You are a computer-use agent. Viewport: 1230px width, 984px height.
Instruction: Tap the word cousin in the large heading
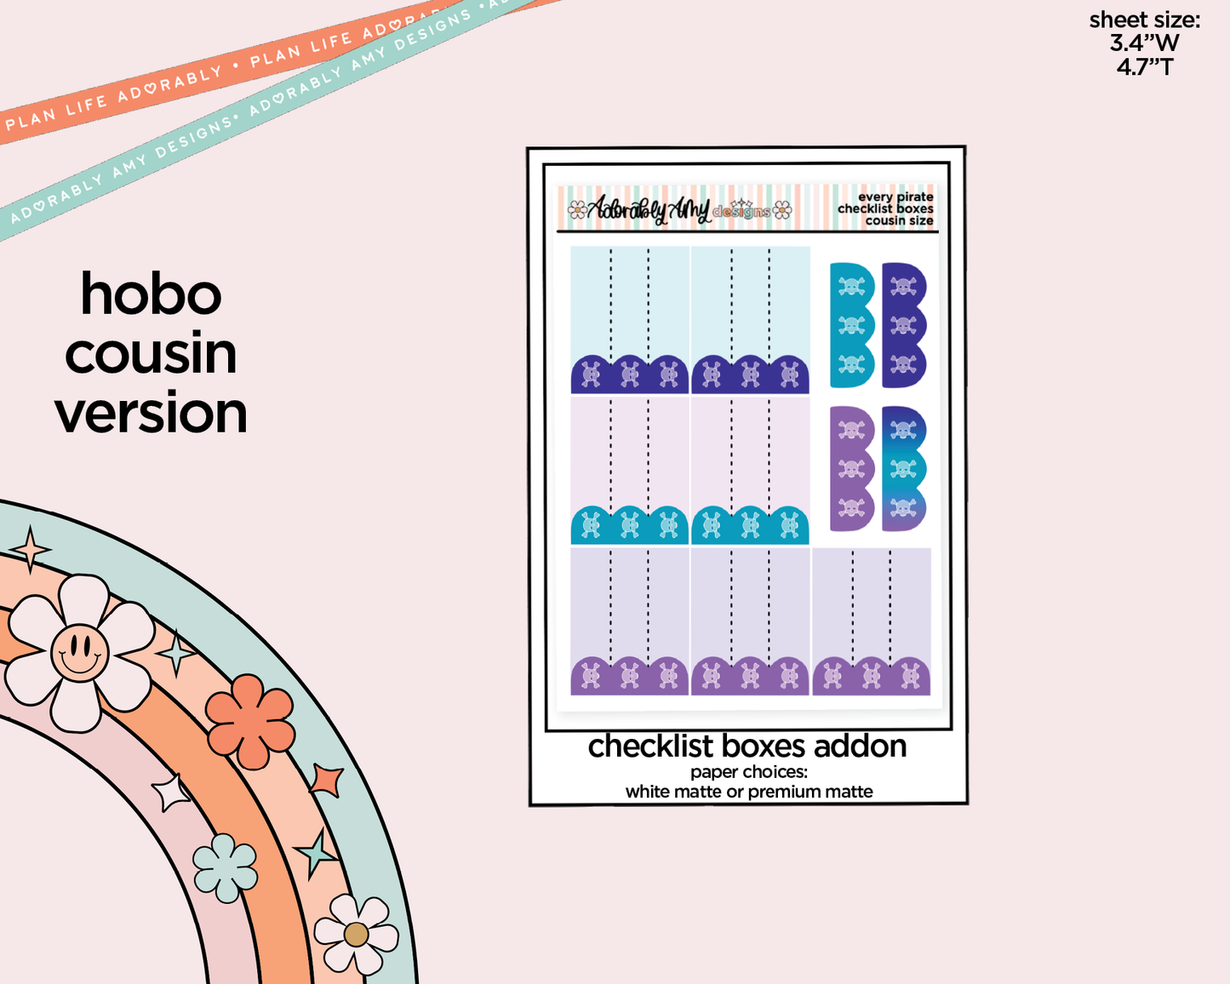coord(151,354)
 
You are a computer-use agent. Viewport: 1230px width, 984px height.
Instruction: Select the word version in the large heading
coord(151,414)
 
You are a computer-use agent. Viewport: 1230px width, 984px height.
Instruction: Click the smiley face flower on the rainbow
coord(79,653)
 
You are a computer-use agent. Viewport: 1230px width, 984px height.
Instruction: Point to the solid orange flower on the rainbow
coord(250,721)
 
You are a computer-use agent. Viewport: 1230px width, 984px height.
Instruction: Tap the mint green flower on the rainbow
coord(225,867)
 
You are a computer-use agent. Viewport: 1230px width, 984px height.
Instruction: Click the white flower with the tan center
coord(356,934)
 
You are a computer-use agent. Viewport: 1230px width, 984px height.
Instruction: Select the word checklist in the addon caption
coord(650,747)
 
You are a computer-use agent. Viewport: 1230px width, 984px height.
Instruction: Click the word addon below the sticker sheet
coord(860,747)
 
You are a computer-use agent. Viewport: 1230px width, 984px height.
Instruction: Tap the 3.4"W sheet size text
coord(1144,43)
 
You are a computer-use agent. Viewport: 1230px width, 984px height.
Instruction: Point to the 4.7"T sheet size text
coord(1144,66)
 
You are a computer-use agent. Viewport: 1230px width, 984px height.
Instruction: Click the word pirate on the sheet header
coord(915,197)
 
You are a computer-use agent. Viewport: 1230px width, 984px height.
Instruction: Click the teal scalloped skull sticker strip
coord(851,325)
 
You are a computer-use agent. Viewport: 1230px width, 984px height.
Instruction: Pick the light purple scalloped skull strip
coord(851,468)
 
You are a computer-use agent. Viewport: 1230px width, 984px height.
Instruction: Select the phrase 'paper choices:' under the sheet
coord(748,772)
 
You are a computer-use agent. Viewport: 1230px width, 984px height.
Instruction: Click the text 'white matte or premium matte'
coord(748,792)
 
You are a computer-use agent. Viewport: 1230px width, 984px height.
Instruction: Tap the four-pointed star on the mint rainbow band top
coord(31,548)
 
